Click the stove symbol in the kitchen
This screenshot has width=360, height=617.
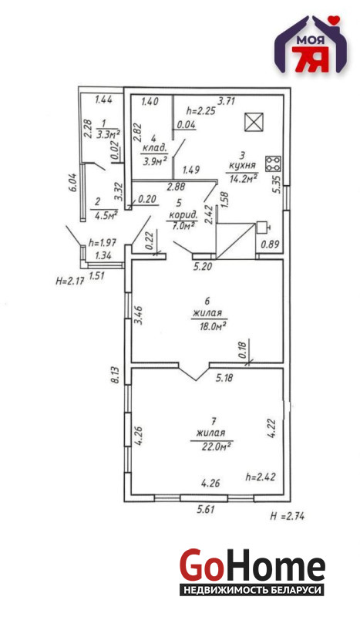tap(273, 164)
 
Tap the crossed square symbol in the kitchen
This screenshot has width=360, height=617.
tap(254, 122)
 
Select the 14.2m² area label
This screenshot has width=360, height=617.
tap(244, 179)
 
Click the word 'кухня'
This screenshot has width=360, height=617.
tap(241, 166)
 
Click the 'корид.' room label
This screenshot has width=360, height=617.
tap(181, 215)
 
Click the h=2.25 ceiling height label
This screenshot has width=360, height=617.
tap(200, 111)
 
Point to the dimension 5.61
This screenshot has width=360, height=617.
tap(207, 510)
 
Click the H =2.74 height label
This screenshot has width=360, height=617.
tap(288, 516)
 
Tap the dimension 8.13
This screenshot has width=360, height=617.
tap(116, 375)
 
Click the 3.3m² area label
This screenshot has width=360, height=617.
tap(108, 135)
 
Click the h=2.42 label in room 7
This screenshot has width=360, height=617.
tap(260, 477)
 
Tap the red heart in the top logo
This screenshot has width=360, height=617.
tap(335, 20)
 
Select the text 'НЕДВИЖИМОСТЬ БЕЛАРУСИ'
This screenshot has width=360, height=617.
tap(252, 590)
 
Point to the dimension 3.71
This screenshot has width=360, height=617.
tap(226, 101)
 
